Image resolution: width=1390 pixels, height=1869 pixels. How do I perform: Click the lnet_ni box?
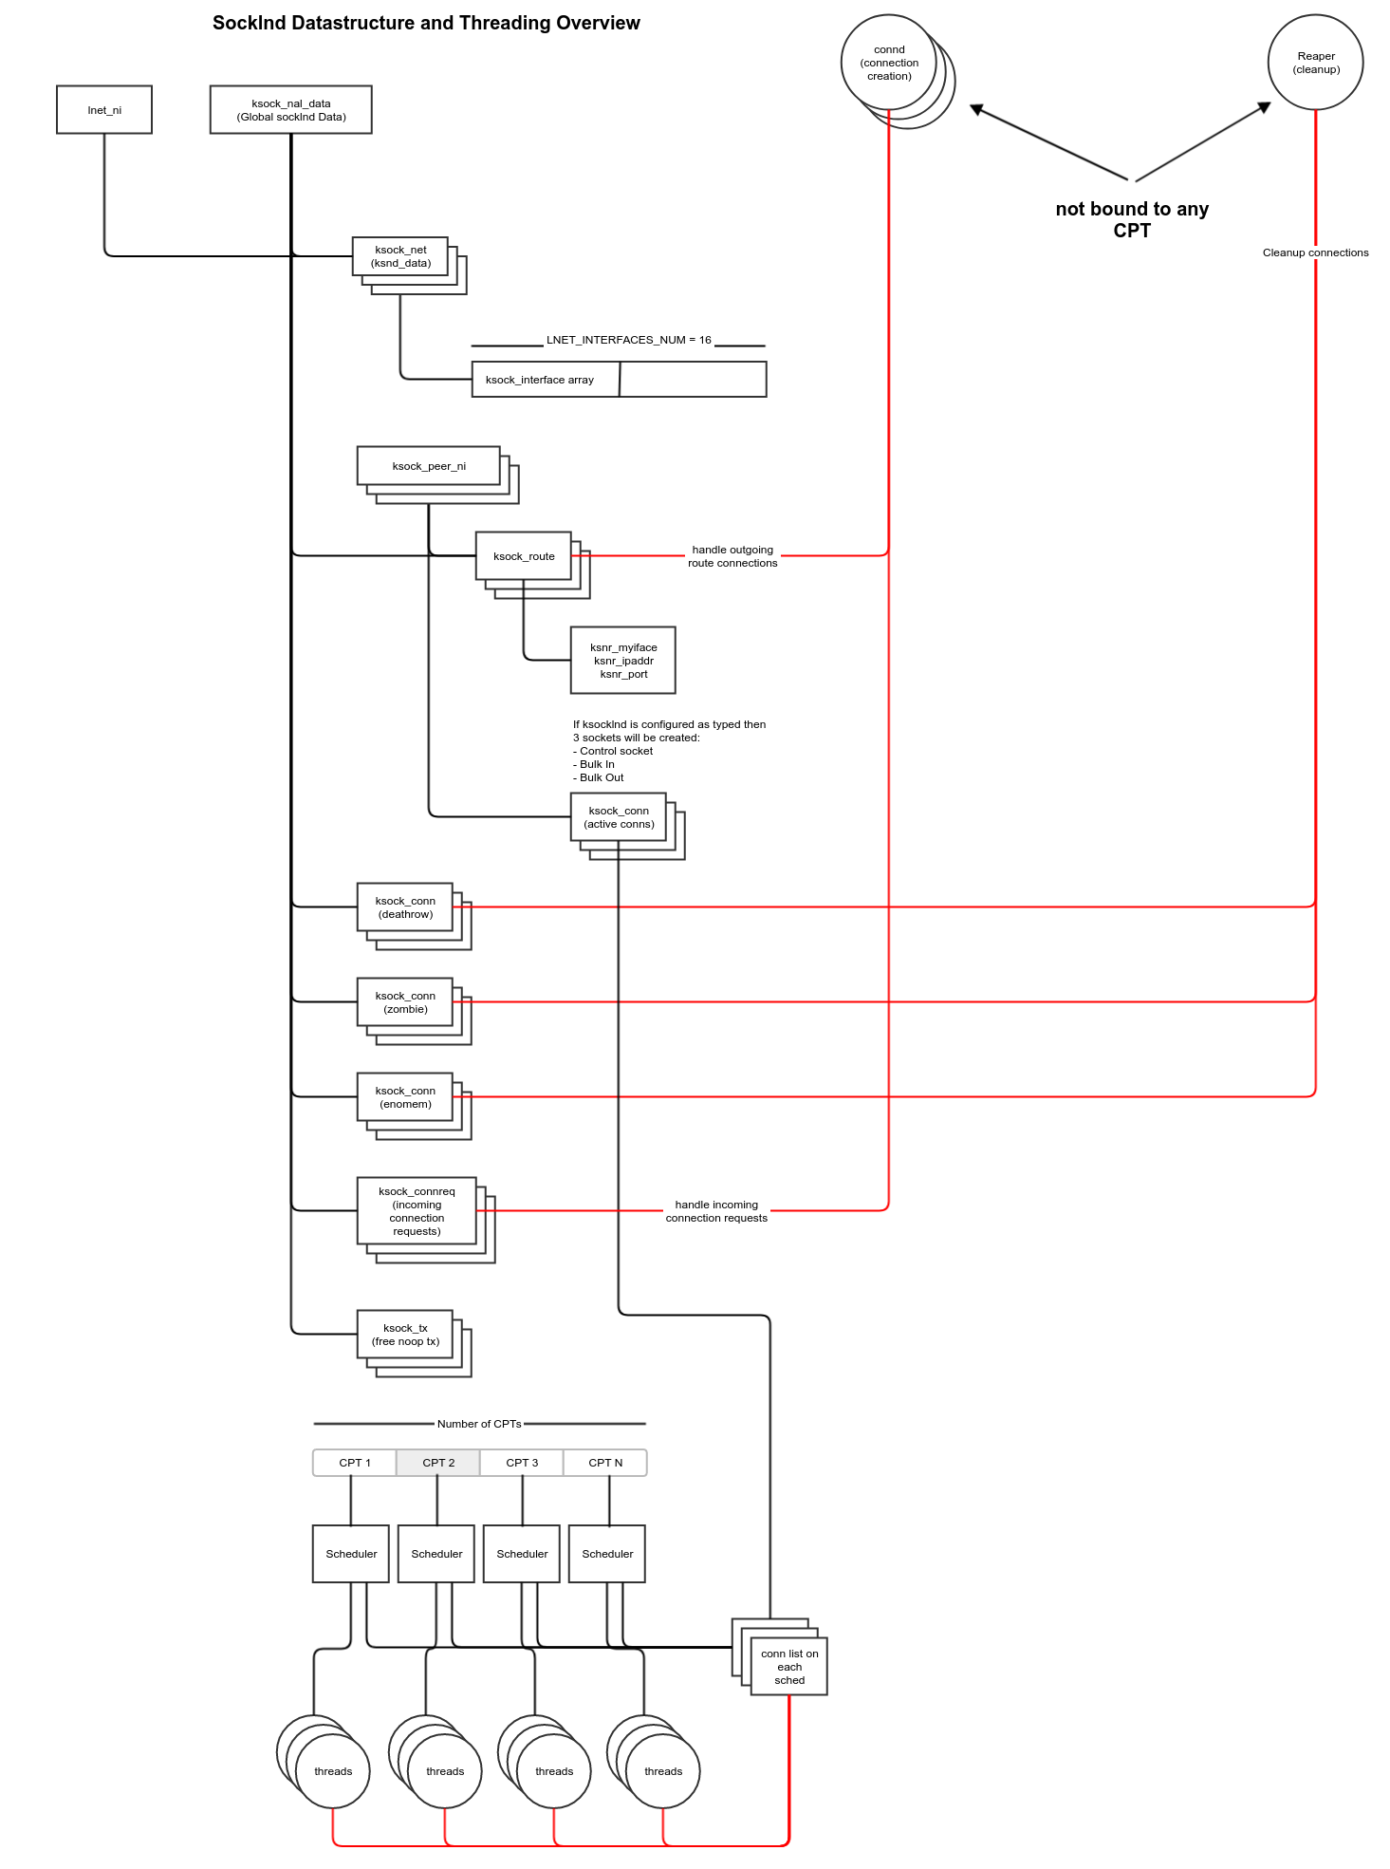(104, 110)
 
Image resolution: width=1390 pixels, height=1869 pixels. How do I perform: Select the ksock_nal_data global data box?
(290, 110)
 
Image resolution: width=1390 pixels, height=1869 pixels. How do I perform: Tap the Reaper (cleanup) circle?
(1315, 63)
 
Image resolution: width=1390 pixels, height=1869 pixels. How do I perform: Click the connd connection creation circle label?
(889, 63)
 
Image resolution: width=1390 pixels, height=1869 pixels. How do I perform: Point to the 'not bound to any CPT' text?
(1131, 219)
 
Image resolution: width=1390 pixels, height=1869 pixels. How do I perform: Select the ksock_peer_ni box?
(429, 466)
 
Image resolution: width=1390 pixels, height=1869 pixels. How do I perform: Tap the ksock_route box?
(524, 556)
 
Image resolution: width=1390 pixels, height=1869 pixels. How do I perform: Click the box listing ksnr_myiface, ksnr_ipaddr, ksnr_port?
(623, 661)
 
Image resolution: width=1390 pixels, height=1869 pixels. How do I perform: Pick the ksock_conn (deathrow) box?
(405, 907)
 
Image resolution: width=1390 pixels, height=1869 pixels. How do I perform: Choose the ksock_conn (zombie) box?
(405, 1002)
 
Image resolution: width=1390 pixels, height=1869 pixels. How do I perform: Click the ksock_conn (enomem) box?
(405, 1097)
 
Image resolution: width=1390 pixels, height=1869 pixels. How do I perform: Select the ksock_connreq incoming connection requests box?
(417, 1211)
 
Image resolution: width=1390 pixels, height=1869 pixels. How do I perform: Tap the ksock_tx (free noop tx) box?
(405, 1335)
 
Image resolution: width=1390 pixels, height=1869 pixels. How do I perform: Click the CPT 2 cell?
(438, 1463)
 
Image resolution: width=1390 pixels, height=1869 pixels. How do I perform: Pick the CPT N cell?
(605, 1463)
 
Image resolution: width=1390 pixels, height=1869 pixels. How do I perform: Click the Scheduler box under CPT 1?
(351, 1554)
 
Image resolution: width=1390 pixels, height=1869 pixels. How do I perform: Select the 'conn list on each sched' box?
(789, 1667)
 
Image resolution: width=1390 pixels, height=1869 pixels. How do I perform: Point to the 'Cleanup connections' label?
(1315, 252)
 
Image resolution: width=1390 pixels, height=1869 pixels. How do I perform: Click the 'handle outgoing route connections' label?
(732, 556)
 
